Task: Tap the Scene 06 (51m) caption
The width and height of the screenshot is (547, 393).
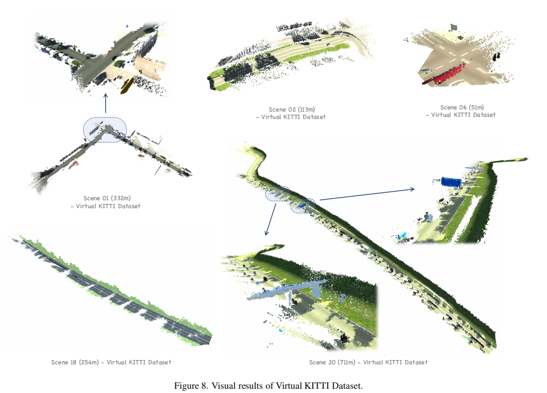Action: point(462,107)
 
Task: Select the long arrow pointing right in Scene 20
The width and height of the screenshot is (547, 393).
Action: point(366,194)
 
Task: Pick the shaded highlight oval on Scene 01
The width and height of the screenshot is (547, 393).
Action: point(105,130)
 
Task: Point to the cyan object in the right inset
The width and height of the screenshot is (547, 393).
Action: point(404,235)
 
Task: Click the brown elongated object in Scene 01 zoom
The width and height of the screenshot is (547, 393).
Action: point(128,86)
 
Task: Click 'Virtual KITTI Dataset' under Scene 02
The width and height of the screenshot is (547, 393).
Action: point(293,117)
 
